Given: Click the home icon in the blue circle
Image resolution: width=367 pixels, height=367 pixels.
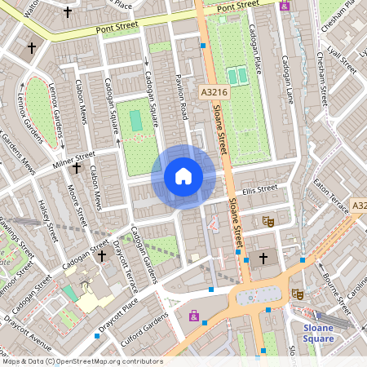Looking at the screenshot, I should pyautogui.click(x=183, y=176).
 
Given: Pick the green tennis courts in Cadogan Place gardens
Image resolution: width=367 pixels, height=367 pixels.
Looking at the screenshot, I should pyautogui.click(x=237, y=77).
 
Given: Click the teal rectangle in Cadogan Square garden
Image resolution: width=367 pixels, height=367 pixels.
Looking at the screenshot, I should pyautogui.click(x=135, y=120).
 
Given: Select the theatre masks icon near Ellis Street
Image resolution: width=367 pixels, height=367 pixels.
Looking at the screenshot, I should pyautogui.click(x=267, y=221).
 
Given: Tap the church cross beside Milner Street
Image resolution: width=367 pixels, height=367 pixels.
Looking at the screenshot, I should pyautogui.click(x=77, y=168).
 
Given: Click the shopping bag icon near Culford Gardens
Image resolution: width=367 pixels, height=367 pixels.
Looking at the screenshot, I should pyautogui.click(x=193, y=315).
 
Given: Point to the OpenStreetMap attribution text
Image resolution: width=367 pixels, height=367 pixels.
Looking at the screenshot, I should pyautogui.click(x=82, y=360).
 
